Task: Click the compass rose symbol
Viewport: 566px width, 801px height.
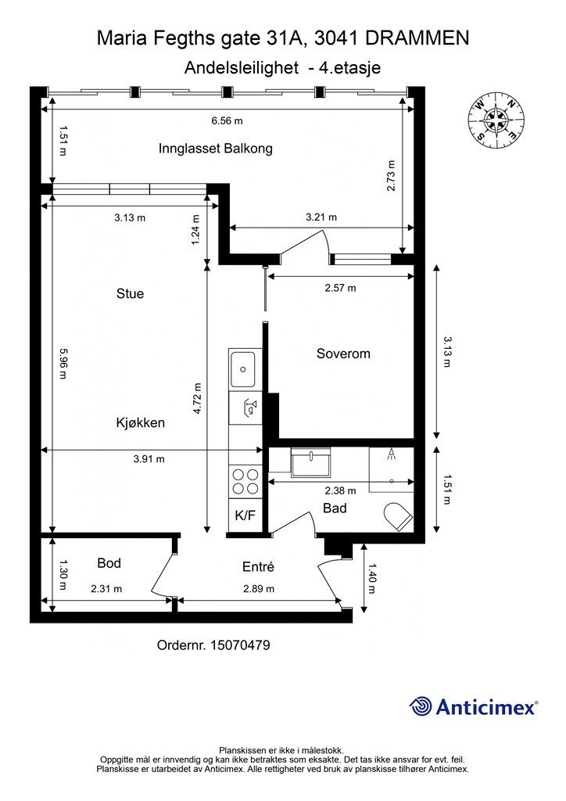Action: [496, 120]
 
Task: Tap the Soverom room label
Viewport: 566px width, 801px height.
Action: [343, 354]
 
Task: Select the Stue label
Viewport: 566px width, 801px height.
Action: [130, 294]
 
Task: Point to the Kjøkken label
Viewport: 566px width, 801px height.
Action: [141, 422]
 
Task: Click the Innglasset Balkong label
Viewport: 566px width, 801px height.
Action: [215, 149]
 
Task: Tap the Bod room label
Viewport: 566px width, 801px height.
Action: [109, 562]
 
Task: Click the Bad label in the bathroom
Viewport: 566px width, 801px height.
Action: [335, 508]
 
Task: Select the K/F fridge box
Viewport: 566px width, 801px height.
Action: [245, 516]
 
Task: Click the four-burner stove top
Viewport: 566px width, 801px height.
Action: [245, 481]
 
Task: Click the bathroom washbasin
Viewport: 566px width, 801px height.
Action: [310, 463]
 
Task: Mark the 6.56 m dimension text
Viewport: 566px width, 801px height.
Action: [227, 120]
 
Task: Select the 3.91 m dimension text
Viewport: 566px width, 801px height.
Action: [149, 459]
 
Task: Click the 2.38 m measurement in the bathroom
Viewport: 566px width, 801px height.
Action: [340, 490]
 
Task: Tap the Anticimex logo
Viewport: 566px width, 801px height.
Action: [474, 707]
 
